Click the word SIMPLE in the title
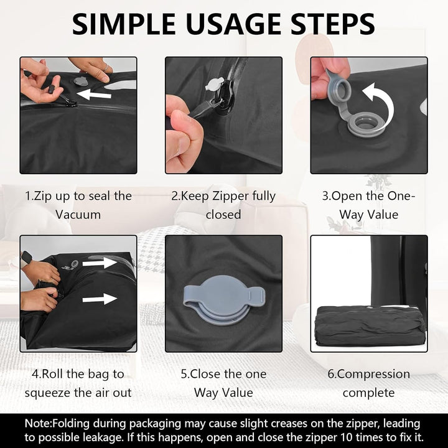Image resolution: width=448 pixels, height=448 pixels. pyautogui.click(x=124, y=24)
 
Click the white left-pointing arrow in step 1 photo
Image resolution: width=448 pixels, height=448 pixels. pyautogui.click(x=94, y=95)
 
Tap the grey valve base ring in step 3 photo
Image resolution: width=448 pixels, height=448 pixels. pyautogui.click(x=363, y=125)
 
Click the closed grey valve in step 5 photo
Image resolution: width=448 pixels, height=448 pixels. pyautogui.click(x=224, y=299)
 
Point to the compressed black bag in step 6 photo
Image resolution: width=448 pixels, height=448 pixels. pyautogui.click(x=368, y=325)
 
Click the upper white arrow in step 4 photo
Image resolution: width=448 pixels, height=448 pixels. pyautogui.click(x=100, y=263)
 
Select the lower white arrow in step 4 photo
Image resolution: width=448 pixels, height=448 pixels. pyautogui.click(x=100, y=299)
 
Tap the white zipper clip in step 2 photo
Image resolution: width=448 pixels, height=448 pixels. pyautogui.click(x=214, y=85)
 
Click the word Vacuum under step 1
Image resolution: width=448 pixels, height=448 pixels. pyautogui.click(x=78, y=215)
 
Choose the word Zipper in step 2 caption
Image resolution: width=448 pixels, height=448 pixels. pyautogui.click(x=230, y=197)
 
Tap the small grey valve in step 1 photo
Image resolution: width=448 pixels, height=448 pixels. pyautogui.click(x=79, y=81)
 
